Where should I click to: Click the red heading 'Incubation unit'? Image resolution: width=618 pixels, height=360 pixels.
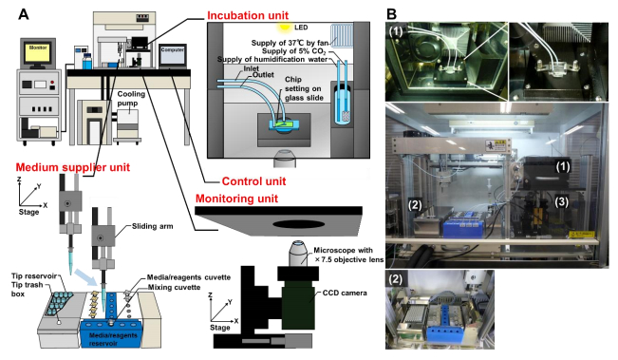(248, 15)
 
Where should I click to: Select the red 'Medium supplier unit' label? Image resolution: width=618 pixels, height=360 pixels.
(73, 167)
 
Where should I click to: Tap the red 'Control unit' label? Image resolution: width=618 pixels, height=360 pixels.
(253, 181)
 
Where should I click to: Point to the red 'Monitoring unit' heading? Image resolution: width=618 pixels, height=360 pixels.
(237, 199)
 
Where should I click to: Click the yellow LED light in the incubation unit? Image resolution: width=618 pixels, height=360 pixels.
(284, 27)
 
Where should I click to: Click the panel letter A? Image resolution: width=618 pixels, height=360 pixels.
(24, 14)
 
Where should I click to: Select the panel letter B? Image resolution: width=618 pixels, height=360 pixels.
(391, 14)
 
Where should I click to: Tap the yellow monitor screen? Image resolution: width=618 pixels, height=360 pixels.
(38, 52)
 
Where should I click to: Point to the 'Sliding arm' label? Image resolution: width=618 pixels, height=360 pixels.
(152, 226)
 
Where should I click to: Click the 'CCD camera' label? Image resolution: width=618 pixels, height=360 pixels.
(345, 293)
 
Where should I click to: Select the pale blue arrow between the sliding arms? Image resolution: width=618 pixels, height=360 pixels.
(85, 277)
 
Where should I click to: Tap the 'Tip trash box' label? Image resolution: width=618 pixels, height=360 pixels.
(27, 290)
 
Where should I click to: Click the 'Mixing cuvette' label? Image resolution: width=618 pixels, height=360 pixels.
(174, 287)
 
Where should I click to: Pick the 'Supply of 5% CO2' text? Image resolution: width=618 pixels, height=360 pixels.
(293, 51)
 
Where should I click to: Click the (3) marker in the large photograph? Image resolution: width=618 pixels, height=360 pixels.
(562, 202)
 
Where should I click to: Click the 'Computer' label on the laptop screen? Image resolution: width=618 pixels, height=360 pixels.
(173, 50)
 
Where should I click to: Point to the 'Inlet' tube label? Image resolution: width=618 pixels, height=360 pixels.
(251, 68)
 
